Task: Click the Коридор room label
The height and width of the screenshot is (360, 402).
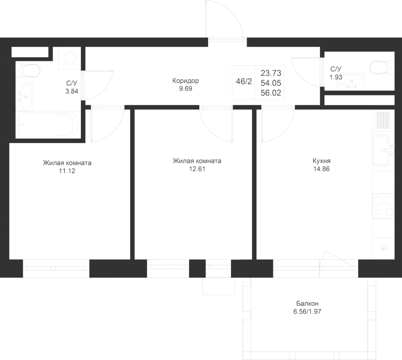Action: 185,80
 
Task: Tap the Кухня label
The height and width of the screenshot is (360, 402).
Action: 322,161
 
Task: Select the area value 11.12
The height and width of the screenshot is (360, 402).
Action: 67,171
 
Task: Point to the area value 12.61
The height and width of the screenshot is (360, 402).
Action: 197,169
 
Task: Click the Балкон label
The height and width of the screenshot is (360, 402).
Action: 307,304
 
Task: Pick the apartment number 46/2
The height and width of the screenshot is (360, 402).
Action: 244,82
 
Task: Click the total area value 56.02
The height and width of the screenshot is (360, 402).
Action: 271,93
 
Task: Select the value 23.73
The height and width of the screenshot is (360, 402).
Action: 271,73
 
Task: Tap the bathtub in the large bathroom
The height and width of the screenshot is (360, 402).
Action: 48,125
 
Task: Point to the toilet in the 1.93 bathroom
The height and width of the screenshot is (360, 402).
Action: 382,67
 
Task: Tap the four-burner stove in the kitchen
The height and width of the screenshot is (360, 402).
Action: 383,206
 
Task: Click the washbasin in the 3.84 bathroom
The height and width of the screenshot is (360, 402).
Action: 25,97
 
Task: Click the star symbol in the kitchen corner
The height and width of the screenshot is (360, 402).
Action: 384,248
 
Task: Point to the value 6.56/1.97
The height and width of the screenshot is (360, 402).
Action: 307,312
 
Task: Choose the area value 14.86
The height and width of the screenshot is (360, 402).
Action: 322,169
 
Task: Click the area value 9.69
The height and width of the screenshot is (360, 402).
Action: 186,89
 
